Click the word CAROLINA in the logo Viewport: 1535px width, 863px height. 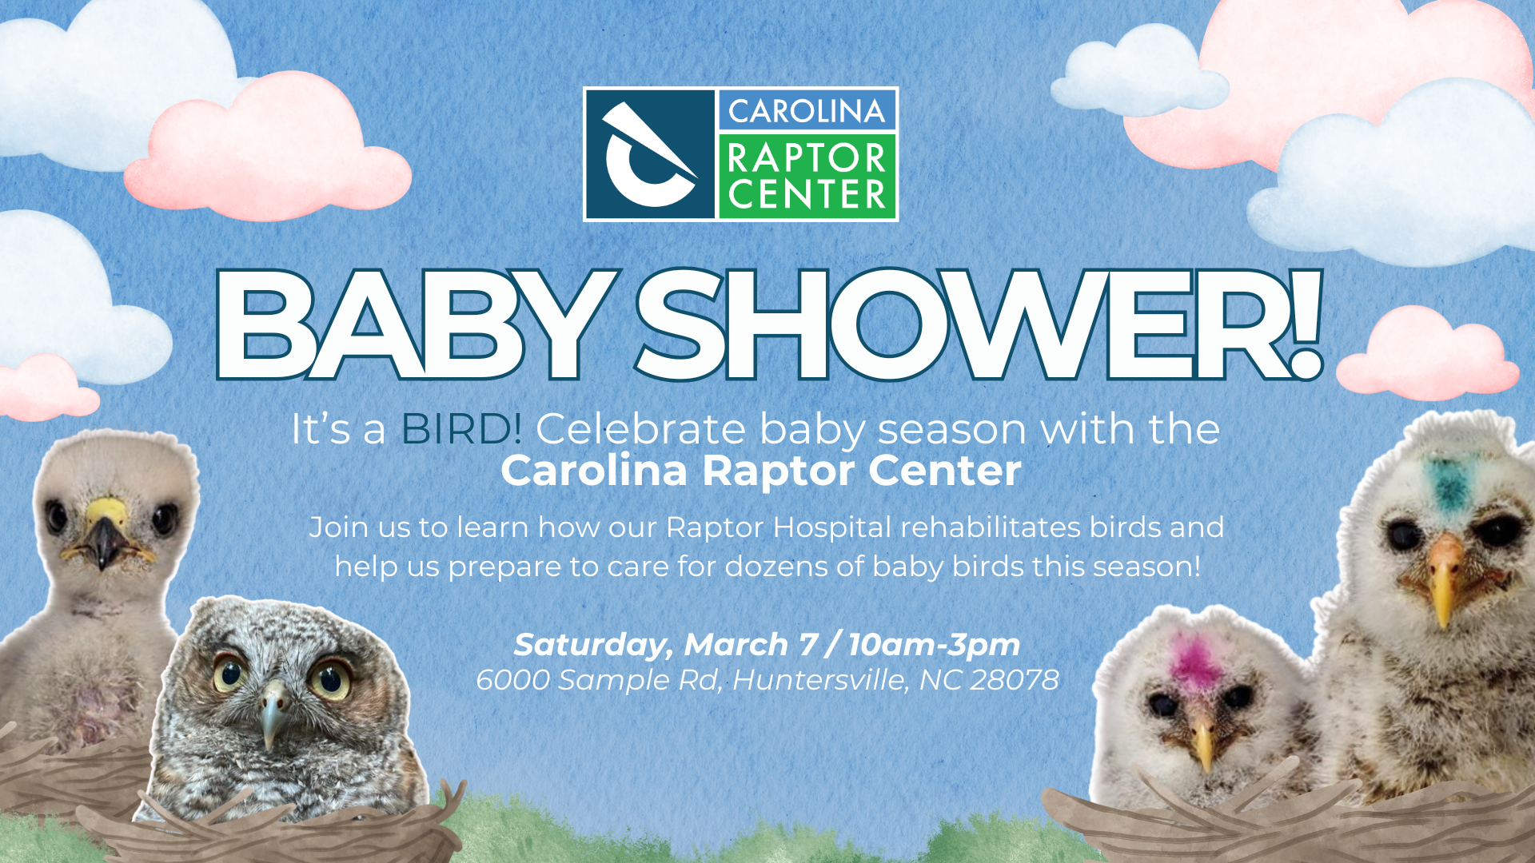(806, 111)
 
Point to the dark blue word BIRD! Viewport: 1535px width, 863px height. (462, 429)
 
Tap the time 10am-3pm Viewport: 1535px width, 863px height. (934, 645)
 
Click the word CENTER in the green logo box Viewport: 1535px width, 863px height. (807, 194)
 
